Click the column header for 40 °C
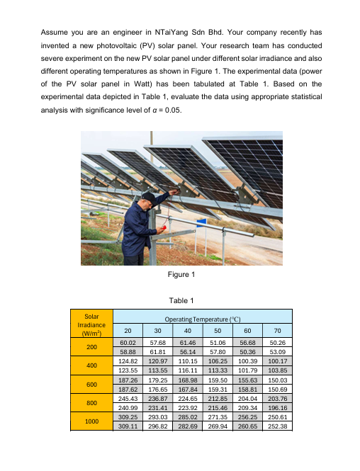click(x=187, y=329)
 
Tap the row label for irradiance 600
click(x=91, y=385)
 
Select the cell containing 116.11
click(x=187, y=370)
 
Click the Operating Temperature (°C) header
click(x=203, y=319)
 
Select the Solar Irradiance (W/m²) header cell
click(x=91, y=323)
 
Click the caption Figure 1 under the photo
click(x=180, y=274)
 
